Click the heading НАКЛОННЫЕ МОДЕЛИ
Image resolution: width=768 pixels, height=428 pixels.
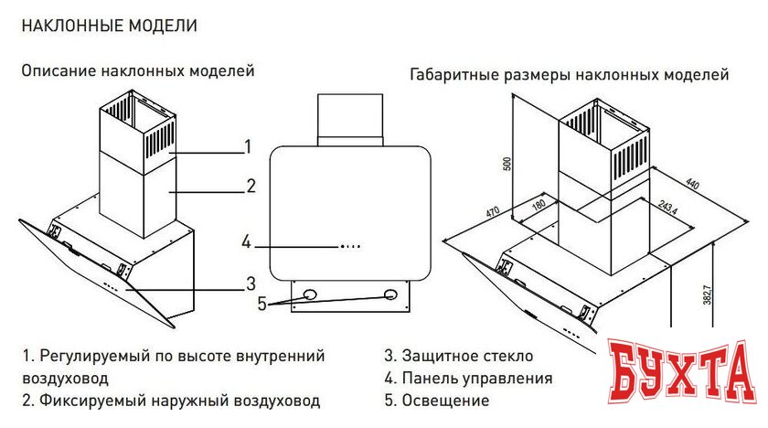(x=109, y=25)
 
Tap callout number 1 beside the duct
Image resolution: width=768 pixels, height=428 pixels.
(x=248, y=145)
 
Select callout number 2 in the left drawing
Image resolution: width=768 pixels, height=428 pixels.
(x=251, y=187)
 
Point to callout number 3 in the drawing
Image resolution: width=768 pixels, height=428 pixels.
(x=250, y=282)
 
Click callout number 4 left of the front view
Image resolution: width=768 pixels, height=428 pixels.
(x=246, y=242)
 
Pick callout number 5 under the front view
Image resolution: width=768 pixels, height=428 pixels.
(x=262, y=305)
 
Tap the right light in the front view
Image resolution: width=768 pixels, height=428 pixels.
(x=391, y=295)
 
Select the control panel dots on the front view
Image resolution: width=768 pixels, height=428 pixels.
(x=350, y=246)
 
